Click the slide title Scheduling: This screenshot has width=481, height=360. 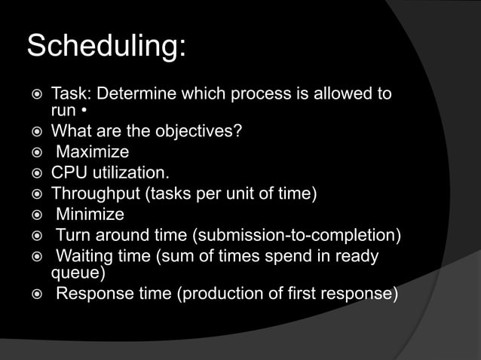click(x=106, y=47)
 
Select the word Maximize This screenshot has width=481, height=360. click(x=93, y=152)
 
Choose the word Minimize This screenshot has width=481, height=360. click(x=90, y=215)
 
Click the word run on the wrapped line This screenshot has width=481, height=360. click(x=63, y=111)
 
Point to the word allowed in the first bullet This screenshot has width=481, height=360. click(x=338, y=95)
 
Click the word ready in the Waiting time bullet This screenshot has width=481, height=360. click(x=356, y=256)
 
